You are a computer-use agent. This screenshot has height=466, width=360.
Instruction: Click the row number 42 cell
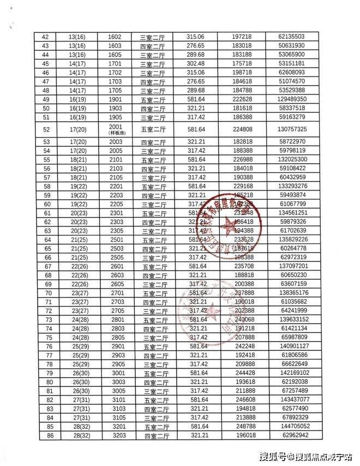[x=45, y=37]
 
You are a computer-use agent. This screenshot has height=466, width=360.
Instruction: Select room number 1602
[x=115, y=37]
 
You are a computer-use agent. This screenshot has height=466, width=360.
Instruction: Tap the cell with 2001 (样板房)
[x=115, y=129]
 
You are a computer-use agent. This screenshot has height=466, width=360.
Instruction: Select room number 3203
[x=115, y=435]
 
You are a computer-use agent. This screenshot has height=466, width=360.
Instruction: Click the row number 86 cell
[x=45, y=435]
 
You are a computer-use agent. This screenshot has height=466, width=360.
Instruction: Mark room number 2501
[x=115, y=240]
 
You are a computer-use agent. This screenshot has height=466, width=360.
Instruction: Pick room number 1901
[x=115, y=99]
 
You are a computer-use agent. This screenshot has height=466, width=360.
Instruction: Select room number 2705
[x=115, y=310]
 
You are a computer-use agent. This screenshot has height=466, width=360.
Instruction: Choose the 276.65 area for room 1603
[x=195, y=45]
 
